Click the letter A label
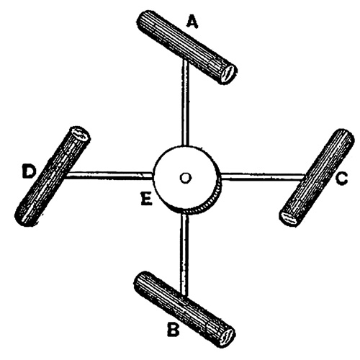point(192,22)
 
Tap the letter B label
point(173,330)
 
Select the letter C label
point(341,179)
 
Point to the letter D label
point(29,171)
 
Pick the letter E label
point(146,199)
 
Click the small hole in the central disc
point(185,178)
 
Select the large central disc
point(187,179)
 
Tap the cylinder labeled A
point(186,47)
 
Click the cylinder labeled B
point(184,309)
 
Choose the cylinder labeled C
point(317,178)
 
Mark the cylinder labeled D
point(53,176)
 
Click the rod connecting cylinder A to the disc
point(185,103)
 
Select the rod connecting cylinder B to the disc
point(184,254)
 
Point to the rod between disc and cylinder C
point(263,176)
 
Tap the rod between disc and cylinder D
point(109,176)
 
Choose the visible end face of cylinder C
point(289,217)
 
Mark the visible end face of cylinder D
point(79,134)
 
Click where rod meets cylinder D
point(66,176)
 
